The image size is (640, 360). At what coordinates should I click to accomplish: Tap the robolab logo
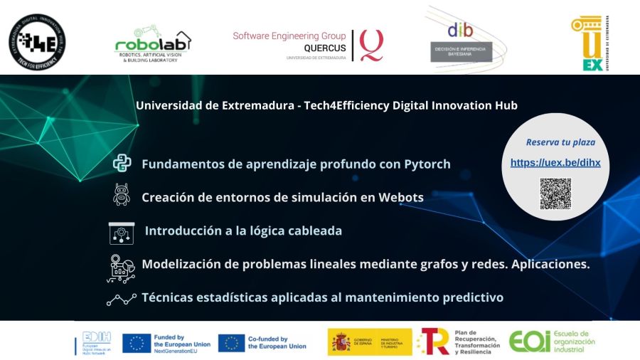(153, 44)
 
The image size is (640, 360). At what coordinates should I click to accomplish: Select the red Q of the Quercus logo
(370, 44)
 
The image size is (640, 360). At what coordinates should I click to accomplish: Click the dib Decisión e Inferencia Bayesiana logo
(460, 39)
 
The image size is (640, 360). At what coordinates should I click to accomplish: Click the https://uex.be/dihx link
(555, 163)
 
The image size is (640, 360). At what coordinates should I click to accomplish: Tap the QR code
(555, 194)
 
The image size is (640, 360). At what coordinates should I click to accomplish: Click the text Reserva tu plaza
(560, 142)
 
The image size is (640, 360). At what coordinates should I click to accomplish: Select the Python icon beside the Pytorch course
(122, 164)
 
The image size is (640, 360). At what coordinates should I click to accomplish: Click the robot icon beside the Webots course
(122, 196)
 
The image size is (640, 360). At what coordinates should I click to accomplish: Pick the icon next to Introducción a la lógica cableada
(122, 232)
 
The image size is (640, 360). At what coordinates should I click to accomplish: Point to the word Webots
(400, 197)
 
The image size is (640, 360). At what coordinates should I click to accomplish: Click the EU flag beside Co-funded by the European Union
(232, 343)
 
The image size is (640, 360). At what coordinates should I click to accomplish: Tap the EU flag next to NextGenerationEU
(137, 343)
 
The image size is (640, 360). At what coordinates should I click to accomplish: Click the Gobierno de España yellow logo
(369, 342)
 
